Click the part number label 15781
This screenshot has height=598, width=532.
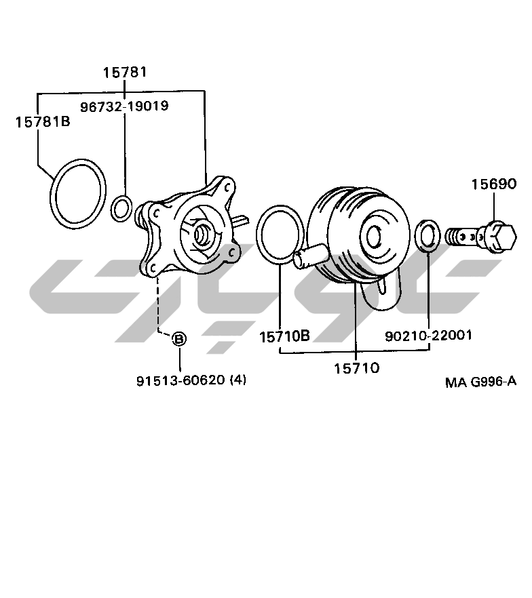[x=125, y=72]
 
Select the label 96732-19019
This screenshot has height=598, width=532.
[x=124, y=106]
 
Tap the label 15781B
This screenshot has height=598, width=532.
[x=43, y=122]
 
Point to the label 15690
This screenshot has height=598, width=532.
[x=494, y=184]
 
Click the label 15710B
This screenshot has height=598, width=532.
[x=285, y=336]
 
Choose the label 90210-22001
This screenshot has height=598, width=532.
[x=429, y=336]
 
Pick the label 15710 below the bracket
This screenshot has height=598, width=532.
[x=357, y=368]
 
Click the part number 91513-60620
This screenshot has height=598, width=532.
[x=181, y=380]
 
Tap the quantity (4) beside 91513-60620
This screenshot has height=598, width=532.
[x=238, y=380]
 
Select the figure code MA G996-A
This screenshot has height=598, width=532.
[x=481, y=381]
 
